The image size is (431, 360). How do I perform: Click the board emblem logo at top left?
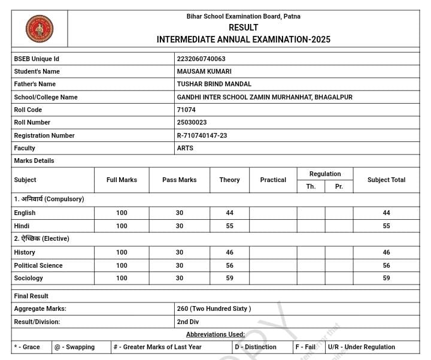40,29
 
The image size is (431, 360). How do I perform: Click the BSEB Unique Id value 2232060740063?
201,59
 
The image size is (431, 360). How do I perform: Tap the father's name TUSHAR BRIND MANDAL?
214,84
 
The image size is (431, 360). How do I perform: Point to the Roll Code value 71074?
186,110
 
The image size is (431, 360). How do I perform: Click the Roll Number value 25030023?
192,122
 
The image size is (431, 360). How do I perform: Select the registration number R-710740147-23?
202,135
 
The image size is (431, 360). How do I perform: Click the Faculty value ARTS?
185,148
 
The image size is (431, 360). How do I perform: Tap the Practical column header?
273,180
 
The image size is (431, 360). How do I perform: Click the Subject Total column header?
386,180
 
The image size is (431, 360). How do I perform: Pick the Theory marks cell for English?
229,213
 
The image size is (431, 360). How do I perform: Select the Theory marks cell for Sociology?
229,278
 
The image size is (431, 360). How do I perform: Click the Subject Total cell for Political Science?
386,265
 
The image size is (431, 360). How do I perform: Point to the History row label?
25,252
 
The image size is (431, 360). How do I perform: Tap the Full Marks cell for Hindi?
122,226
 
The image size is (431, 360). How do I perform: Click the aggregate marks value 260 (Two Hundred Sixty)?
214,308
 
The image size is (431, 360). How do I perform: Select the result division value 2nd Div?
188,322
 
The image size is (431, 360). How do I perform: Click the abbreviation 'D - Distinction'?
256,347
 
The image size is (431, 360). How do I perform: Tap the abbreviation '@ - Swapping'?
74,347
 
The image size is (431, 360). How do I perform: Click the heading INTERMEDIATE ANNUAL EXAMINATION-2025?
243,40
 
